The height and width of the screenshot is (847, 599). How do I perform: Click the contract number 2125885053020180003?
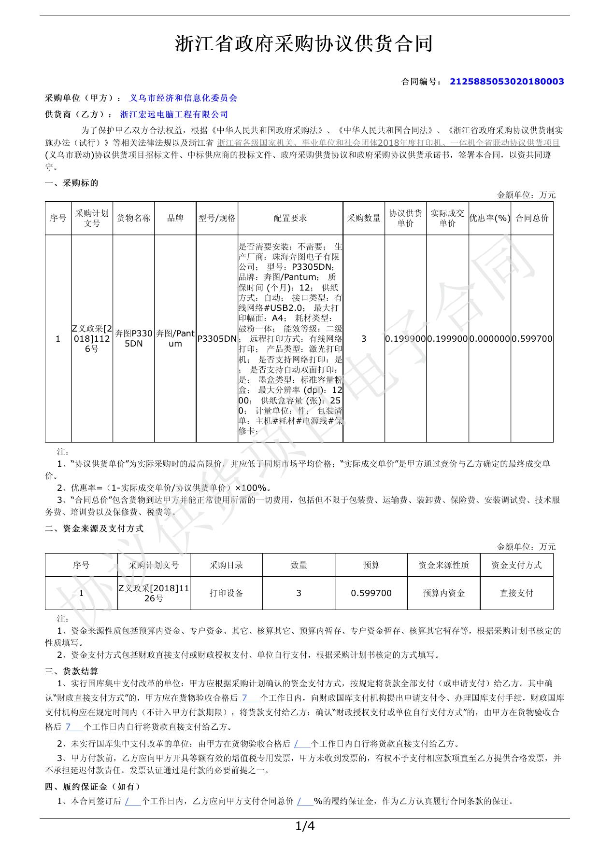507,82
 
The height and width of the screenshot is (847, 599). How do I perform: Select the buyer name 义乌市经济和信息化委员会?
184,98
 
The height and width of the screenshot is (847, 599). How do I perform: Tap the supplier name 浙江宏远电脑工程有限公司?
174,114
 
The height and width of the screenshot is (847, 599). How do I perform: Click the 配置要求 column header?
290,218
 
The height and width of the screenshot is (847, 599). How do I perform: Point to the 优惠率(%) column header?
489,218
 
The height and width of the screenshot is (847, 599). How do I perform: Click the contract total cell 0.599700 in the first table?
532,339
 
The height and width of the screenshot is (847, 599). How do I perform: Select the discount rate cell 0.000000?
489,339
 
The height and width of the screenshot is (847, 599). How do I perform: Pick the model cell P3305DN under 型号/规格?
217,339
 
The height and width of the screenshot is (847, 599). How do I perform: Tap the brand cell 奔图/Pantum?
175,338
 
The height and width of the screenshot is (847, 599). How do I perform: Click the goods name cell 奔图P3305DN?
134,338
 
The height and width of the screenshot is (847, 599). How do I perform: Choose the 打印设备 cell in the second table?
226,593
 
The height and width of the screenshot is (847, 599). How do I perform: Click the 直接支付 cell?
516,593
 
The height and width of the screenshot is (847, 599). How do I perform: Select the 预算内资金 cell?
443,593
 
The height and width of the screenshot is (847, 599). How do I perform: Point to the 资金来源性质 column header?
443,565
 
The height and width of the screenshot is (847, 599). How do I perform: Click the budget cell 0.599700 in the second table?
371,593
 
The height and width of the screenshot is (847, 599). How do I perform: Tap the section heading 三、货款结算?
71,671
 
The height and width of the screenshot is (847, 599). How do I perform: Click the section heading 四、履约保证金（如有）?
93,787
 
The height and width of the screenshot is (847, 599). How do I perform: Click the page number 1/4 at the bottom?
304,827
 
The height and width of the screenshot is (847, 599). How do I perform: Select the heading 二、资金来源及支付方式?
94,528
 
